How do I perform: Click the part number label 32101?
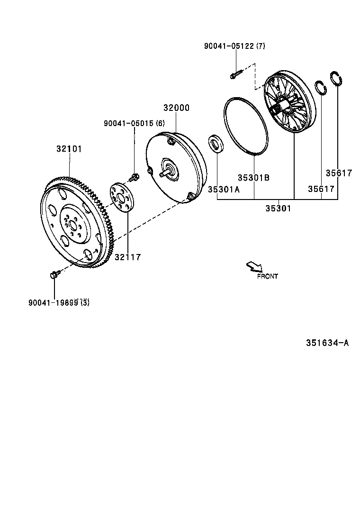[69, 148]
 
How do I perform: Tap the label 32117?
[127, 257]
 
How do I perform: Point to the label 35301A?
[224, 189]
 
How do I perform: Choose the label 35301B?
[253, 177]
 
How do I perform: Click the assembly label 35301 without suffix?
[278, 208]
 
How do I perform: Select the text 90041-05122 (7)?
[234, 46]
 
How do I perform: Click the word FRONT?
[268, 276]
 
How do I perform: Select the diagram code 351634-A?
[327, 343]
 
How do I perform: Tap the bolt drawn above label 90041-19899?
[54, 274]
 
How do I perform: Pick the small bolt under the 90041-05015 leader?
[134, 178]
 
